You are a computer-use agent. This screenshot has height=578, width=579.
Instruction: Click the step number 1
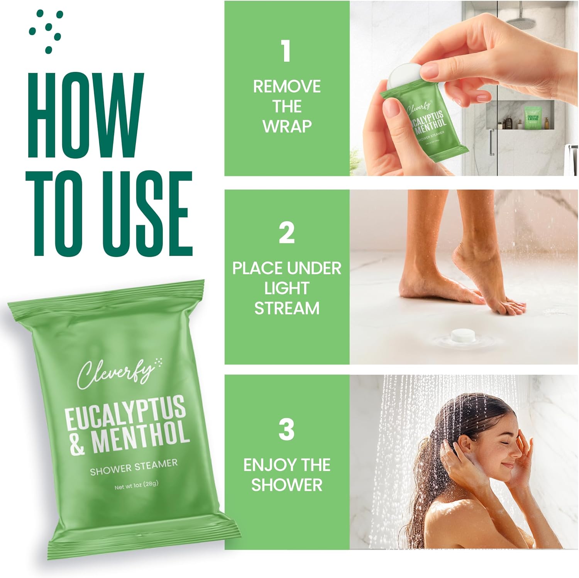(x=286, y=51)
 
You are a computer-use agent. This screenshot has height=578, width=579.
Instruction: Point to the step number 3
(x=286, y=429)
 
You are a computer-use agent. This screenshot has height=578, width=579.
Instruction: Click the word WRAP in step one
(x=287, y=126)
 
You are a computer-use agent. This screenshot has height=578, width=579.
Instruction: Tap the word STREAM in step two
(x=287, y=308)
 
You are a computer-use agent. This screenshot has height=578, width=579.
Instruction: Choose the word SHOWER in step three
(x=287, y=485)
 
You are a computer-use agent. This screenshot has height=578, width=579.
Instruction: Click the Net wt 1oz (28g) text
(x=137, y=485)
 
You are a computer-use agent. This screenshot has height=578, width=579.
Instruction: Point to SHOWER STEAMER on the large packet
(x=134, y=466)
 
